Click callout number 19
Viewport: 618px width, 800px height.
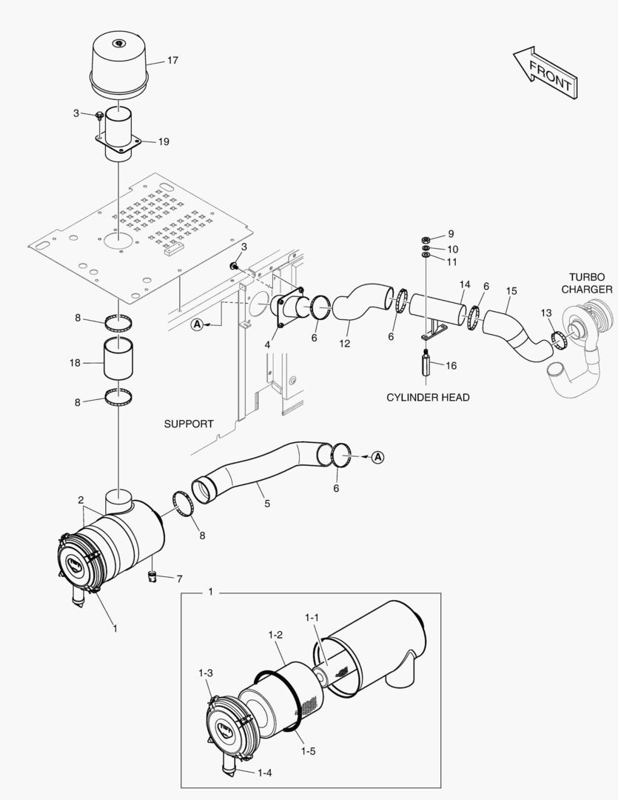(x=164, y=141)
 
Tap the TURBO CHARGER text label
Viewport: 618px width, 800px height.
(x=587, y=282)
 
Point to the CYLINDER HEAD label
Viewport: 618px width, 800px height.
(x=428, y=398)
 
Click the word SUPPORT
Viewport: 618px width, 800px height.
(x=188, y=424)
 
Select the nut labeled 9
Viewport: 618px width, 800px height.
(x=426, y=239)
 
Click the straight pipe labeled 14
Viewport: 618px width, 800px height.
(x=437, y=310)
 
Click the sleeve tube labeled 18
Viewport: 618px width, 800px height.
(x=119, y=363)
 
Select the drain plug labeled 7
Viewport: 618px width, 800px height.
(x=153, y=576)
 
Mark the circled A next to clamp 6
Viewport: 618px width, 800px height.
(x=377, y=457)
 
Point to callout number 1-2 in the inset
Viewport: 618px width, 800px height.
(x=275, y=635)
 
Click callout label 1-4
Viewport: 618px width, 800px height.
(x=265, y=773)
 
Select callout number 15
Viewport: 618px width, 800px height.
(x=511, y=291)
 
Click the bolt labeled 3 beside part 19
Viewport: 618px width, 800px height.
(x=101, y=116)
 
